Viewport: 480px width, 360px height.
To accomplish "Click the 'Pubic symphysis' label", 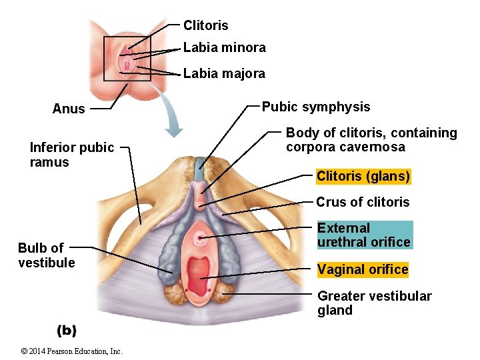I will [316, 107].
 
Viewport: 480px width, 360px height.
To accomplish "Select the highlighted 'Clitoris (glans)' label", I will [363, 177].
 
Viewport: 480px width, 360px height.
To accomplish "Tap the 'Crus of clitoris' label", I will [363, 202].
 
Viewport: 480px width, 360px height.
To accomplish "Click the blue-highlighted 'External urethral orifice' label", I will [364, 235].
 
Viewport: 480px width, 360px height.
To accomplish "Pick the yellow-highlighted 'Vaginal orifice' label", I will [363, 269].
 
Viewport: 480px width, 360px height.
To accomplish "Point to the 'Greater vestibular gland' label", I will [374, 303].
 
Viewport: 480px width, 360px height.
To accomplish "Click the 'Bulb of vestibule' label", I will [47, 255].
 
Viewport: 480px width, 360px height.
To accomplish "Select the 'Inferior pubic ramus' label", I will [72, 155].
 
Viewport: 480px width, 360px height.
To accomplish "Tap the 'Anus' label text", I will [69, 109].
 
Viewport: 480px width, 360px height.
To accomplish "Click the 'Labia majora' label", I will [224, 73].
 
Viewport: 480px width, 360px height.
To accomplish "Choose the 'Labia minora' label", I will [224, 47].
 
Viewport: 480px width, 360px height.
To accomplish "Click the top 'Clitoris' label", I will [205, 25].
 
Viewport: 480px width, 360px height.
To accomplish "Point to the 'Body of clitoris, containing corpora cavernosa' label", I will [371, 140].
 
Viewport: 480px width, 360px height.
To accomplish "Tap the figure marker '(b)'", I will [67, 330].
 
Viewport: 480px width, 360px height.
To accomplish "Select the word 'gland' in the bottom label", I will [335, 310].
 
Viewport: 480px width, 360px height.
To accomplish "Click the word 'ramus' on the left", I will [49, 162].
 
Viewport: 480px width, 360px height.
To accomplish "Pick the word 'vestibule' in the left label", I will [47, 263].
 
